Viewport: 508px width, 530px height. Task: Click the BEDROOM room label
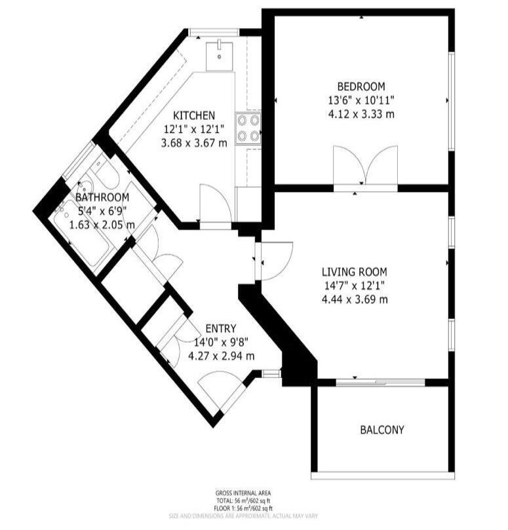click(361, 86)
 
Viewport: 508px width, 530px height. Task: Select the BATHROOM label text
click(102, 197)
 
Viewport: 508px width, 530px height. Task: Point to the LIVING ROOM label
click(354, 272)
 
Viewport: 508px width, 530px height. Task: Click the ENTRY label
click(220, 328)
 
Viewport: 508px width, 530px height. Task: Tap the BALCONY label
click(381, 430)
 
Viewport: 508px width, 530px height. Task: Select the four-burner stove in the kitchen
click(248, 128)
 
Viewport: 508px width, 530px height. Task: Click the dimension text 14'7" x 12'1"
click(354, 286)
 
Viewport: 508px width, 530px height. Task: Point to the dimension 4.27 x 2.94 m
click(221, 356)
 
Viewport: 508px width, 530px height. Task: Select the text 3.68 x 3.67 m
click(194, 143)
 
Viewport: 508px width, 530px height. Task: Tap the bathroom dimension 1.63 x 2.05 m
click(102, 225)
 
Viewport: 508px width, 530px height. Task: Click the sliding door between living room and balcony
click(380, 381)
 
